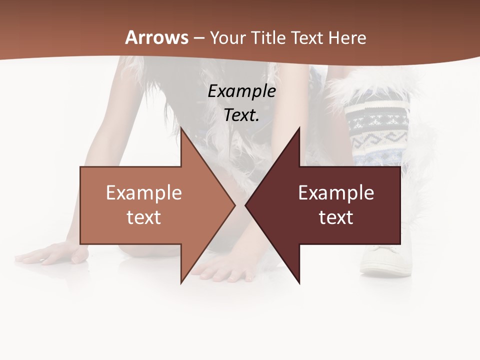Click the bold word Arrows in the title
pyautogui.click(x=157, y=38)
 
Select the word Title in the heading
pyautogui.click(x=268, y=38)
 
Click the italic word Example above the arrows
pyautogui.click(x=242, y=91)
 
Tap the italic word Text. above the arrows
pyautogui.click(x=242, y=115)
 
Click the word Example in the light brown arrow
pyautogui.click(x=144, y=193)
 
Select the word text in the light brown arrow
pyautogui.click(x=144, y=217)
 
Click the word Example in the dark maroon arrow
pyautogui.click(x=336, y=193)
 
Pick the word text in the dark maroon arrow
pyautogui.click(x=336, y=217)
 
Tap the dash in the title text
pyautogui.click(x=199, y=38)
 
